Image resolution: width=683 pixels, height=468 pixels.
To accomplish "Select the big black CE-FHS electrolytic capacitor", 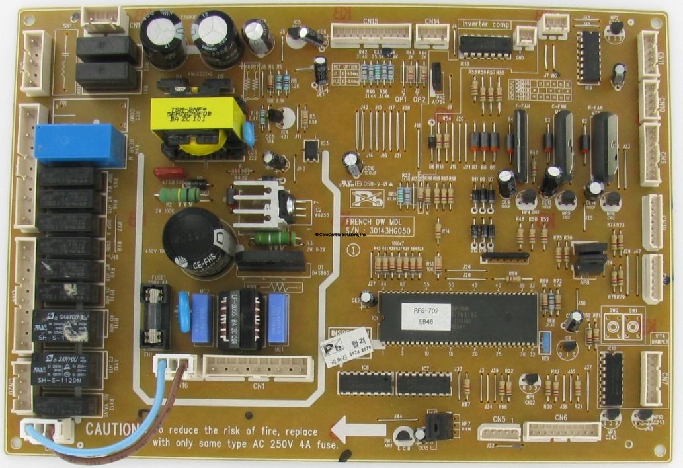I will [198, 241].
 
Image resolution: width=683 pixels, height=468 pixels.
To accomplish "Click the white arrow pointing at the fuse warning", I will [357, 432].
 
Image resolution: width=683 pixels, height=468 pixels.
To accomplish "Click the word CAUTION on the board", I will [110, 428].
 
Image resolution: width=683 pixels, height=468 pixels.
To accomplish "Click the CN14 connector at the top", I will [432, 35].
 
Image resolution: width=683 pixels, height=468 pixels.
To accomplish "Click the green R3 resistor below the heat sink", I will [273, 238].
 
